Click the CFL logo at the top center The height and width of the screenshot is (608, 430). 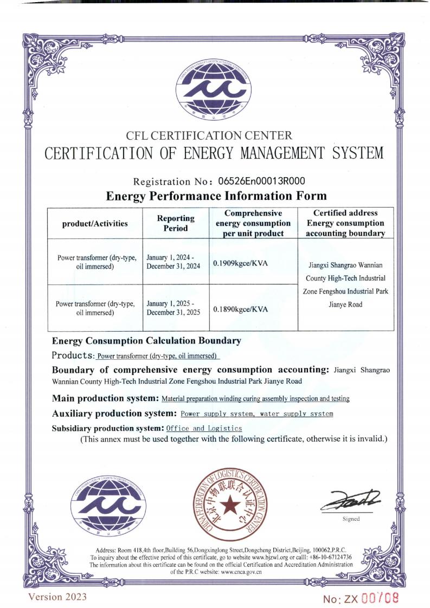click(214, 90)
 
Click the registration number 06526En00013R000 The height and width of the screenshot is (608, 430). click(261, 181)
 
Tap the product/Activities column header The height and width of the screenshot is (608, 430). click(95, 223)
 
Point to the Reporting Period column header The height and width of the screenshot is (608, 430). click(176, 223)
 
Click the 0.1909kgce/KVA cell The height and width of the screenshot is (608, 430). click(241, 263)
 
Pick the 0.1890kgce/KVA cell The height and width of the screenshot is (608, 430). click(241, 308)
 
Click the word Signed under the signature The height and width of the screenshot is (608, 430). click(351, 519)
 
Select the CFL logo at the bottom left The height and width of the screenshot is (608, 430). click(109, 506)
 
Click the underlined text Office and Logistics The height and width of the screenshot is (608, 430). click(204, 428)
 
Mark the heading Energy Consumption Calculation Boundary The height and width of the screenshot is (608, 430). click(146, 341)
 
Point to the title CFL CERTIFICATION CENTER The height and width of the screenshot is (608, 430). click(209, 135)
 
